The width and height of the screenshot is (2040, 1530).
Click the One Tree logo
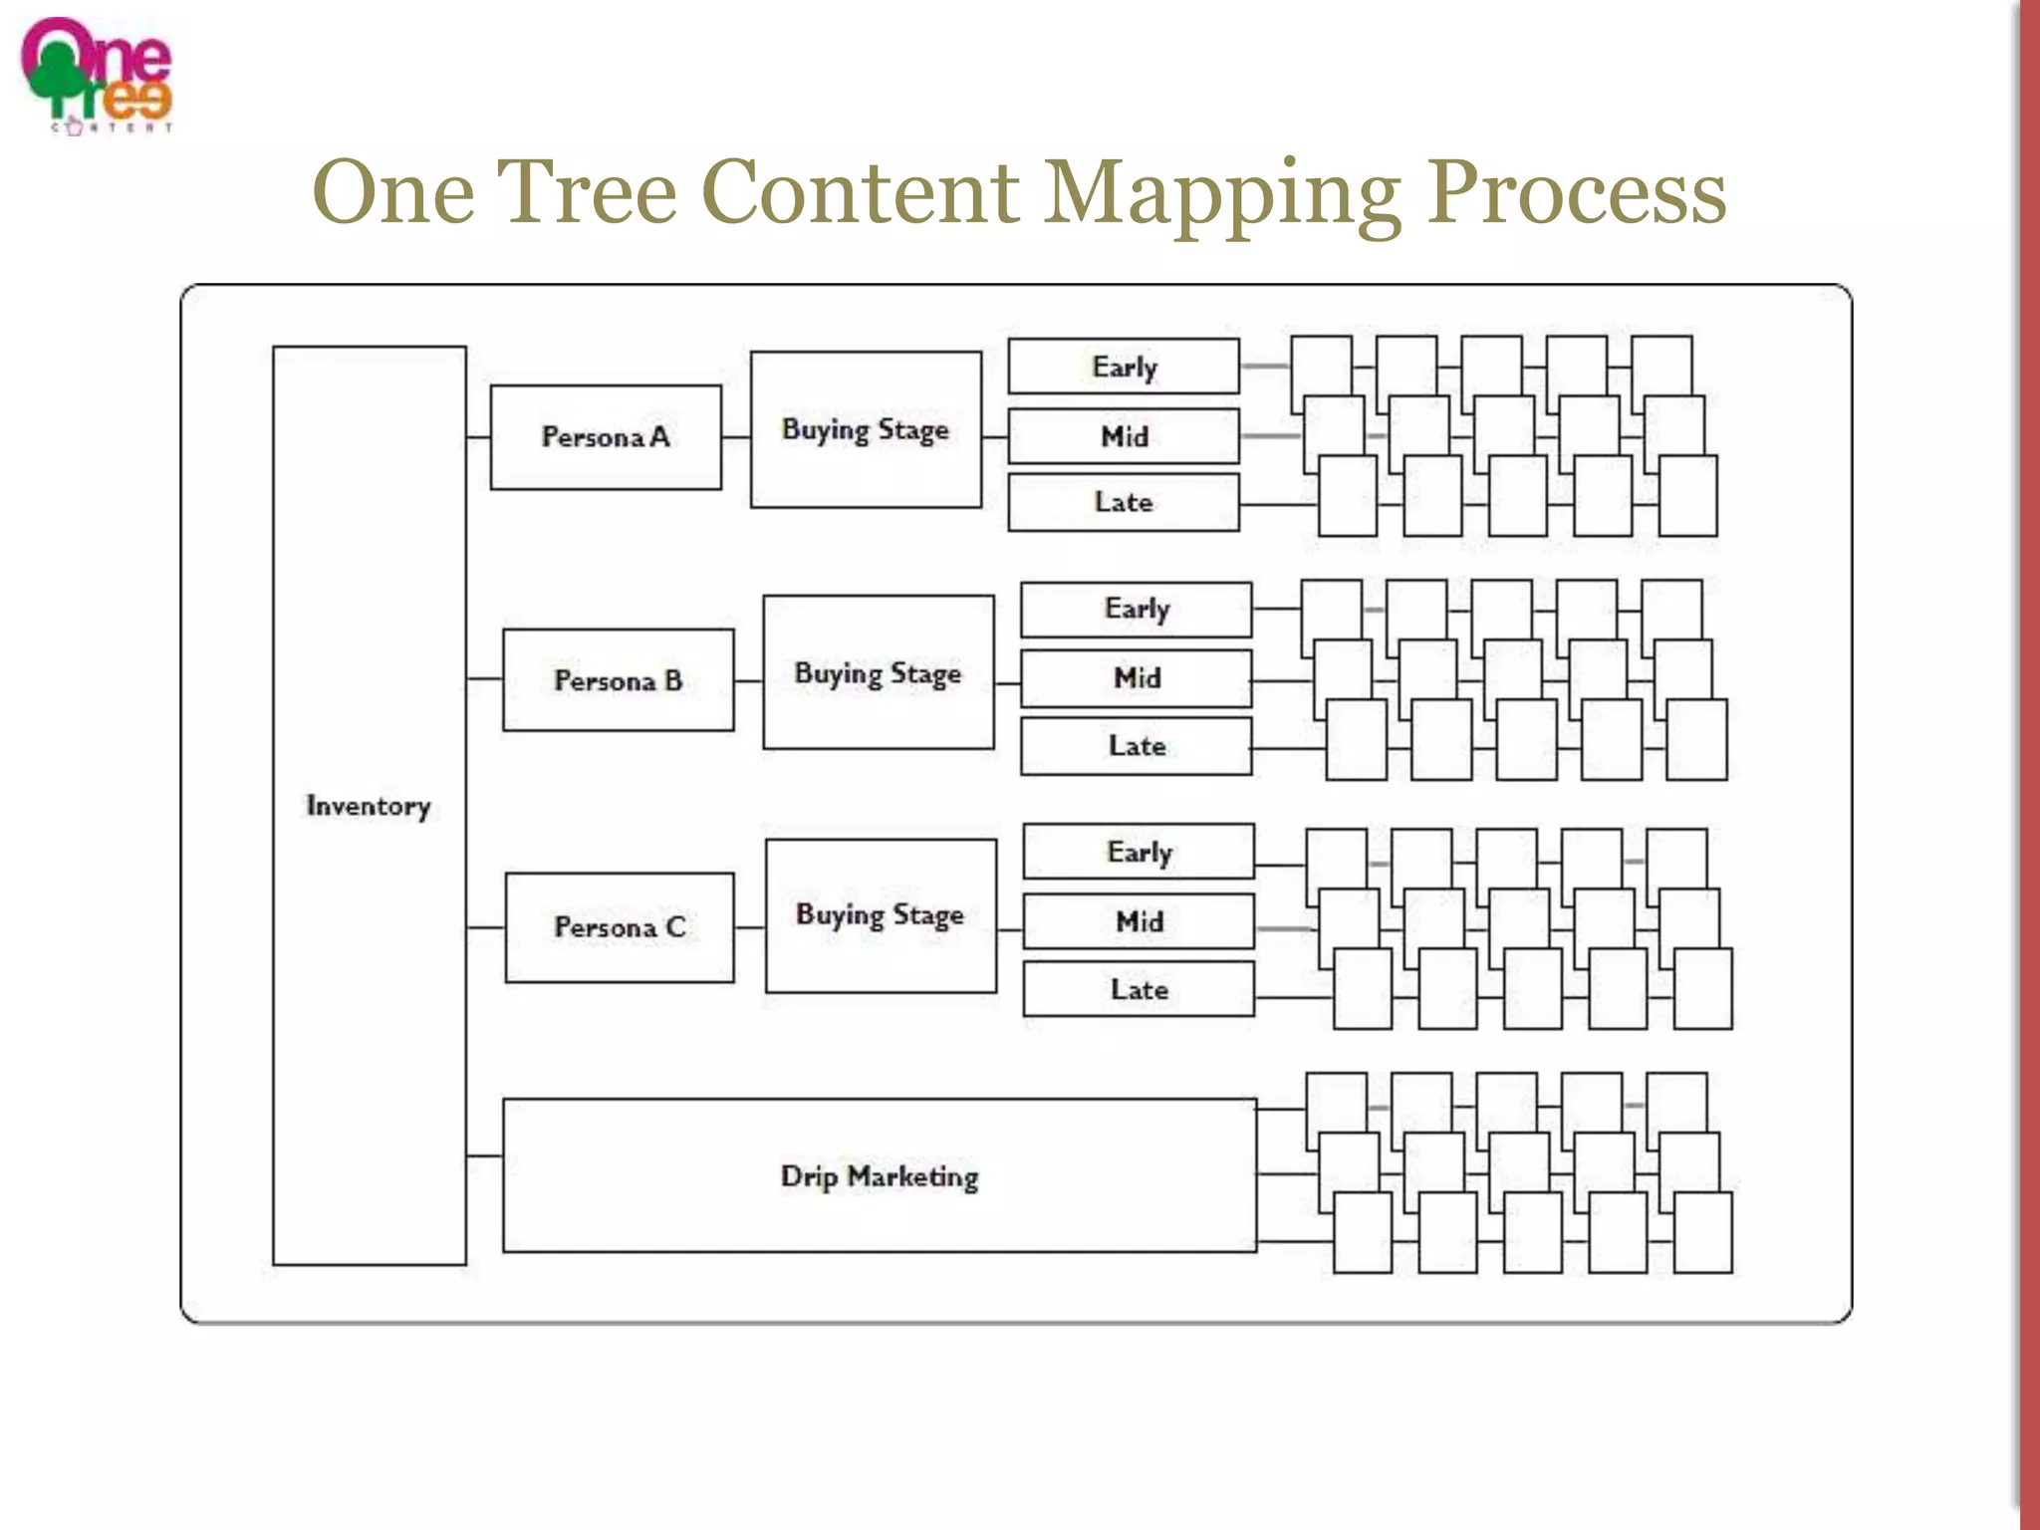(x=97, y=76)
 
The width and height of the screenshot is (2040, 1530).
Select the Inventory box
(x=369, y=805)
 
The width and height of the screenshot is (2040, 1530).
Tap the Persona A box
(x=606, y=437)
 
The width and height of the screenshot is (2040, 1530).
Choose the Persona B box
(x=618, y=680)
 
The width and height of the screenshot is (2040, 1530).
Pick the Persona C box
(x=620, y=927)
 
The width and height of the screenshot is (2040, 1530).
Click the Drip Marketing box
(x=879, y=1176)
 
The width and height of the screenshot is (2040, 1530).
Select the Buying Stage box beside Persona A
(x=865, y=429)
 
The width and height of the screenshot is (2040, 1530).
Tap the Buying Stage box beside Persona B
(x=878, y=672)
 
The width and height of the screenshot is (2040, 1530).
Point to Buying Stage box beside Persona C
(x=881, y=915)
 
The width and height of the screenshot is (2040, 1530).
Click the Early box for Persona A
(x=1124, y=367)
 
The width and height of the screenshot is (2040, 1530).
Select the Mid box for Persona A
(x=1124, y=436)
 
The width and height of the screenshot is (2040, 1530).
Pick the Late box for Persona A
(x=1124, y=502)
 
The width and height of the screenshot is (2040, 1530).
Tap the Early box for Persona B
(x=1136, y=609)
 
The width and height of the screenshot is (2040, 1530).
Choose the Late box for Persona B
(x=1136, y=746)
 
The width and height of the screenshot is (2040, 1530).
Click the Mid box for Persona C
(x=1139, y=921)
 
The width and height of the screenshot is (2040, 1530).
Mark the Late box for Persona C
(x=1139, y=989)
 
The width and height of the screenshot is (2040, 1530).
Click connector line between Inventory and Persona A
(x=478, y=437)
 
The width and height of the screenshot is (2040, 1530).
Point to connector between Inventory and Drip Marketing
(x=484, y=1155)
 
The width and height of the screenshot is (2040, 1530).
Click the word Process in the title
(x=1577, y=193)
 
